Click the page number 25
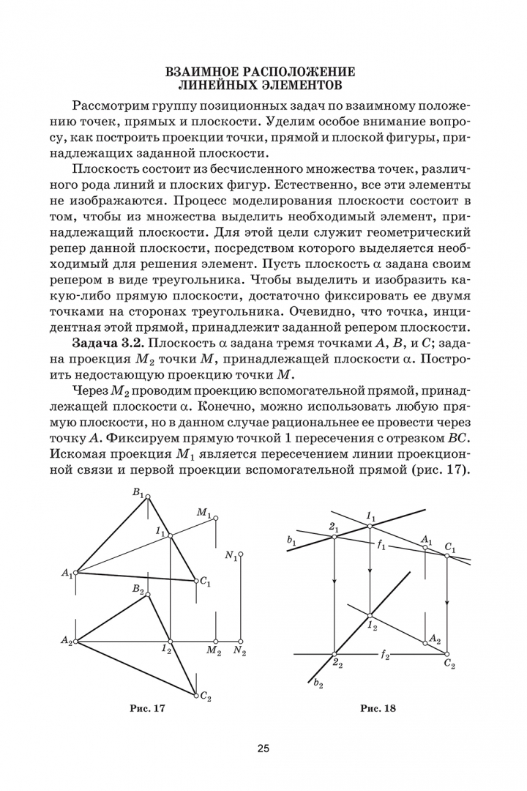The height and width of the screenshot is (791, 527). pyautogui.click(x=263, y=748)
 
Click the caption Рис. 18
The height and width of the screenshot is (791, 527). pyautogui.click(x=378, y=708)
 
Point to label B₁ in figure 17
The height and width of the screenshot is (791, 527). pyautogui.click(x=138, y=493)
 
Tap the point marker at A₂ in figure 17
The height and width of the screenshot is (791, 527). pyautogui.click(x=75, y=641)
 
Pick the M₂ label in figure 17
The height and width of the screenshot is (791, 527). pyautogui.click(x=214, y=651)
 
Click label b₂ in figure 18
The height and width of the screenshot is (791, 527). pyautogui.click(x=318, y=683)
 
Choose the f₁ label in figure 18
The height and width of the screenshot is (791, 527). pyautogui.click(x=381, y=546)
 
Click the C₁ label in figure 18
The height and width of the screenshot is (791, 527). pyautogui.click(x=449, y=546)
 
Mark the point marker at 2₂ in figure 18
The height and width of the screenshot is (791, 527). pyautogui.click(x=334, y=653)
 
